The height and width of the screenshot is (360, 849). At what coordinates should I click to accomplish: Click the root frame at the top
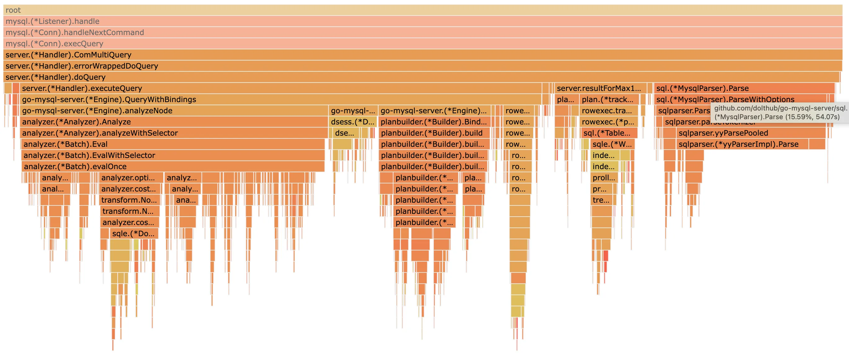[x=422, y=10]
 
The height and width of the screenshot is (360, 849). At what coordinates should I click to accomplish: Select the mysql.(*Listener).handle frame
[x=422, y=21]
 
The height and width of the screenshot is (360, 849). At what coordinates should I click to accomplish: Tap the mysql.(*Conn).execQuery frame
[x=422, y=43]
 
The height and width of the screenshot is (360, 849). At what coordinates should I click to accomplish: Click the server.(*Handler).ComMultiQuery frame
[x=422, y=55]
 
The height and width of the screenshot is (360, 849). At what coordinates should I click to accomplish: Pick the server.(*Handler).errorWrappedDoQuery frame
[x=422, y=66]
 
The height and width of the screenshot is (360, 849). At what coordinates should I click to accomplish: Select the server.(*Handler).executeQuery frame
[x=280, y=88]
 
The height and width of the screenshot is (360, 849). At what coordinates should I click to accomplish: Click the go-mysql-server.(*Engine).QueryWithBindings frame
[x=280, y=100]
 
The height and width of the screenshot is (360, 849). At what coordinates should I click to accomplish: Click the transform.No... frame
[x=129, y=200]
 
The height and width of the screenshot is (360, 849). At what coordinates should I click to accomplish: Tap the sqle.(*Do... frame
[x=133, y=234]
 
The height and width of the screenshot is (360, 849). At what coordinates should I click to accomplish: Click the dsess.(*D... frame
[x=352, y=122]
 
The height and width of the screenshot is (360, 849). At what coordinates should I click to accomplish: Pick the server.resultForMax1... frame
[x=599, y=88]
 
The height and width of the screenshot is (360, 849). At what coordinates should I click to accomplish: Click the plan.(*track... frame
[x=608, y=100]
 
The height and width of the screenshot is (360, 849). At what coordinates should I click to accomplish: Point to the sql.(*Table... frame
[x=608, y=133]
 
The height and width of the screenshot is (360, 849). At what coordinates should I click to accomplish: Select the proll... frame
[x=604, y=178]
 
